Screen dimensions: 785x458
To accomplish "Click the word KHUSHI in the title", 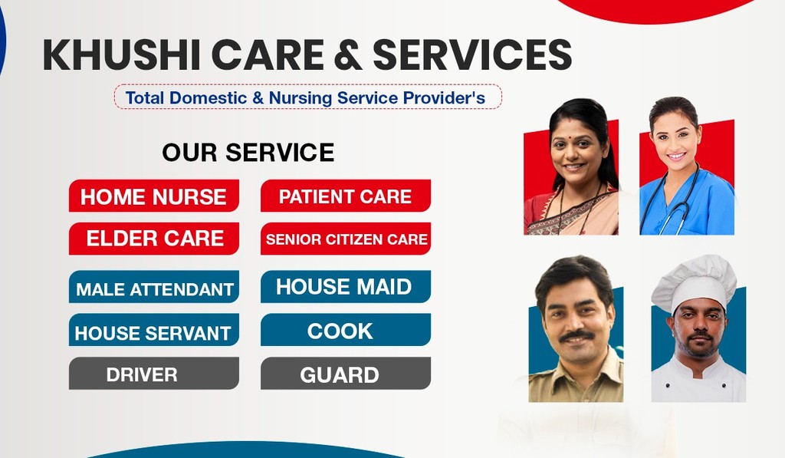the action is tap(122, 54).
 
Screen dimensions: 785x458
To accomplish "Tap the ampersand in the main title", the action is tap(347, 54).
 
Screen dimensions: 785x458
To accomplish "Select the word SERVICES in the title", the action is tap(472, 54).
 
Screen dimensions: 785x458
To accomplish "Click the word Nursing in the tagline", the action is tap(300, 97).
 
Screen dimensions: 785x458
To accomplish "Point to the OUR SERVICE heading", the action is tap(248, 153).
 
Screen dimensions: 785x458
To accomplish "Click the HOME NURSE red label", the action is tap(153, 196).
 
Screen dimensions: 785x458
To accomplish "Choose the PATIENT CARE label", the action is tap(346, 196).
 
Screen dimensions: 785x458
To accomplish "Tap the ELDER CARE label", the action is tap(153, 239).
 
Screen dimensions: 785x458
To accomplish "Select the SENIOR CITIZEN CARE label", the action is tap(346, 239).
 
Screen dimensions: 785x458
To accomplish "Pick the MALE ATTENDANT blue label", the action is tap(153, 287).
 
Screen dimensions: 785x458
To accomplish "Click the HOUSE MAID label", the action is tap(346, 287).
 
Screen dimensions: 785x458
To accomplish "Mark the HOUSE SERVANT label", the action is tap(153, 330).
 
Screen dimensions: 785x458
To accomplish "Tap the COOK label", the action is tap(346, 330).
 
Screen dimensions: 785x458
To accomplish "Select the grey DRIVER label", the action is tap(153, 374).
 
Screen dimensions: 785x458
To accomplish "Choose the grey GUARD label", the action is tap(346, 374).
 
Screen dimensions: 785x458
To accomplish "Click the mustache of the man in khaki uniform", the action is tap(576, 334).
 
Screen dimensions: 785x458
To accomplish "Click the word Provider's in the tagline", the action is tap(444, 97).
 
